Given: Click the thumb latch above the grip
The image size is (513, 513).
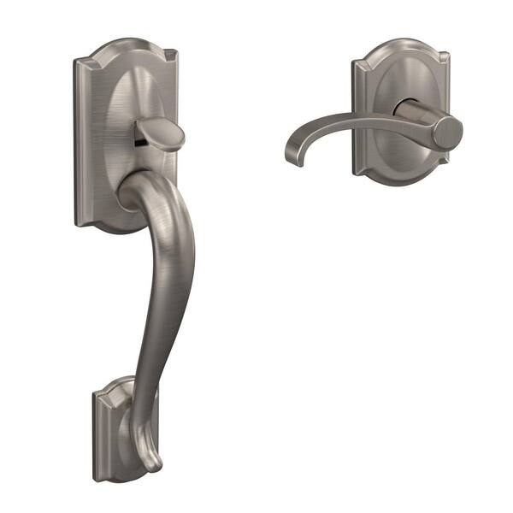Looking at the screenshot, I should click(162, 135).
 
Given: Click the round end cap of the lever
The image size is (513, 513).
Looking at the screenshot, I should click(446, 133).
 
